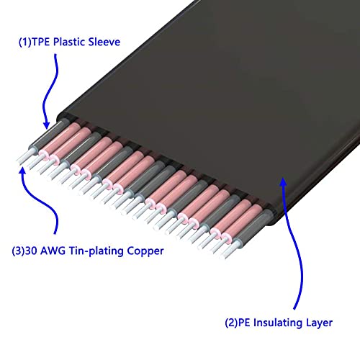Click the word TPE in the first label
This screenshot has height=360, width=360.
click(x=40, y=42)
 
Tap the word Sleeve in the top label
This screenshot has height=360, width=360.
click(x=104, y=42)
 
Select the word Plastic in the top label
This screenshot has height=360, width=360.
click(x=69, y=42)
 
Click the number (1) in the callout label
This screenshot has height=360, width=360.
click(x=25, y=42)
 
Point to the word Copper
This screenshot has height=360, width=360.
click(x=145, y=251)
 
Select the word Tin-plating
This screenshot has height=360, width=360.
click(x=96, y=251)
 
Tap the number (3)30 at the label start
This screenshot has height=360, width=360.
click(x=24, y=251)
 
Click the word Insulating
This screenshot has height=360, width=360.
click(x=278, y=323)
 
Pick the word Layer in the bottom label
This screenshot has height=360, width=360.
click(x=319, y=323)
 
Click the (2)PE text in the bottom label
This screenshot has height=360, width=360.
click(x=238, y=323)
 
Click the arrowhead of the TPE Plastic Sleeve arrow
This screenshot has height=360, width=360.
click(x=46, y=125)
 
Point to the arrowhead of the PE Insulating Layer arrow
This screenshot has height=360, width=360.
click(x=284, y=181)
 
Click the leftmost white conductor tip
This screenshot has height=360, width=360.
click(x=25, y=156)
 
